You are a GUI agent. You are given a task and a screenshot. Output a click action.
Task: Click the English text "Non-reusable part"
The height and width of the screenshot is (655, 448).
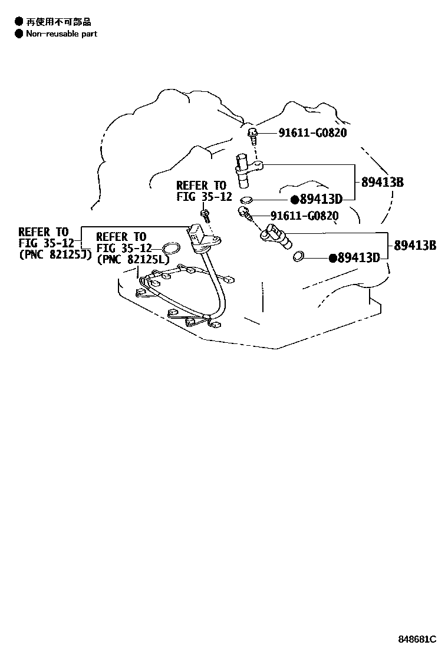61,34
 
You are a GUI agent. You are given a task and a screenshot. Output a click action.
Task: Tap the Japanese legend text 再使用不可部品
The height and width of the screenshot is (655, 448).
58,22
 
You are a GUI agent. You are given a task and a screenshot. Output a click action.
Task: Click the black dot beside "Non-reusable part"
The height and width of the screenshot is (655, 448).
19,34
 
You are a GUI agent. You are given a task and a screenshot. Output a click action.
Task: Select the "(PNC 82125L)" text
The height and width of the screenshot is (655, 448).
133,259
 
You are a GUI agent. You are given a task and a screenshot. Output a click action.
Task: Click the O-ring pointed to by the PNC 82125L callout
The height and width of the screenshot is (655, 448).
170,247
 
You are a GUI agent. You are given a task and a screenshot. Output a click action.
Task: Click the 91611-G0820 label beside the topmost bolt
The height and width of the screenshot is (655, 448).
312,133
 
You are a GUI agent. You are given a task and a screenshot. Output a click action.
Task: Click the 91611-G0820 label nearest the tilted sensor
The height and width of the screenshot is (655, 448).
304,216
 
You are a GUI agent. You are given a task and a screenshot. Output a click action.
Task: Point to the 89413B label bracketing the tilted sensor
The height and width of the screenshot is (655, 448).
415,246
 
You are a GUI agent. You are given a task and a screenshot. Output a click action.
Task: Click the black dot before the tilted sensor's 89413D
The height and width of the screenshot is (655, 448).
333,257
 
